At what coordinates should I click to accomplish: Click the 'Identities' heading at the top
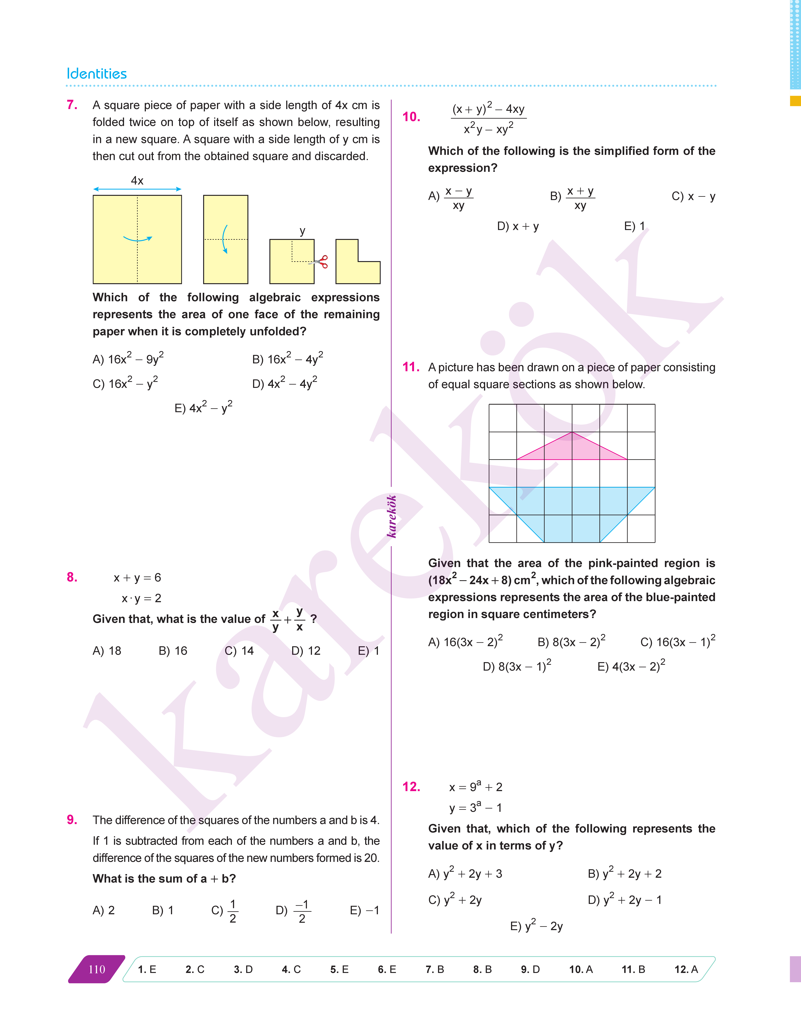coord(97,74)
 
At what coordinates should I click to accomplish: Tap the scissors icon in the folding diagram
coord(321,262)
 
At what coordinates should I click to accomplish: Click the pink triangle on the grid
coord(572,449)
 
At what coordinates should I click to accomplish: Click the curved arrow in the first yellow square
coord(137,239)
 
